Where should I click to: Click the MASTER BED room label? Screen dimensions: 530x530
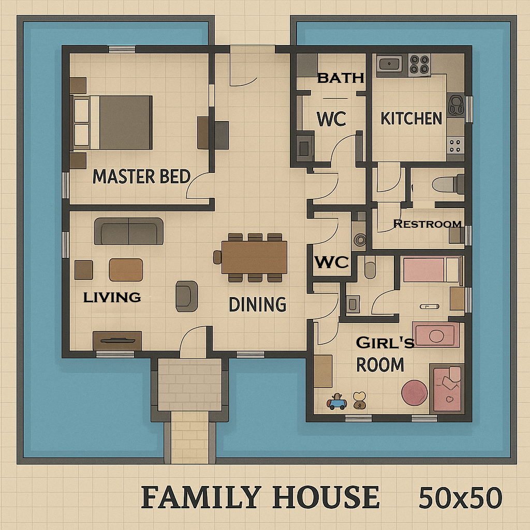[x=141, y=176]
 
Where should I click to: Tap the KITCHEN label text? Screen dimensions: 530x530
[x=411, y=119]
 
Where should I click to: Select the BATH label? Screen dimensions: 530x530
[x=341, y=78]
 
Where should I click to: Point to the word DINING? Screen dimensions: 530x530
[x=257, y=304]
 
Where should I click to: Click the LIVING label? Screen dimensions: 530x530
[x=112, y=297]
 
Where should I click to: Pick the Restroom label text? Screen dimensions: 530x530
[x=427, y=224]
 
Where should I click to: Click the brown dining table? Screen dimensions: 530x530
[x=254, y=257]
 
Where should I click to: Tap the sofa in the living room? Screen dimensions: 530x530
[x=129, y=231]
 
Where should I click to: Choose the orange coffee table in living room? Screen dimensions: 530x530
[x=126, y=270]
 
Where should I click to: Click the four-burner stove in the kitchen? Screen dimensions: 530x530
[x=419, y=64]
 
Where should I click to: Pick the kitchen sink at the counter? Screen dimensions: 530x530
[x=389, y=64]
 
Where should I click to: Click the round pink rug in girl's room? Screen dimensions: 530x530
[x=415, y=393]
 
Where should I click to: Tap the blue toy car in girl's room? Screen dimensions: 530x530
[x=336, y=402]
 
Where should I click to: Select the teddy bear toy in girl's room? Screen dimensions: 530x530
[x=359, y=400]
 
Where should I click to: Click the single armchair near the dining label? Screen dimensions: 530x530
[x=186, y=296]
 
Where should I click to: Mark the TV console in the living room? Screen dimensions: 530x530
[x=117, y=340]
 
